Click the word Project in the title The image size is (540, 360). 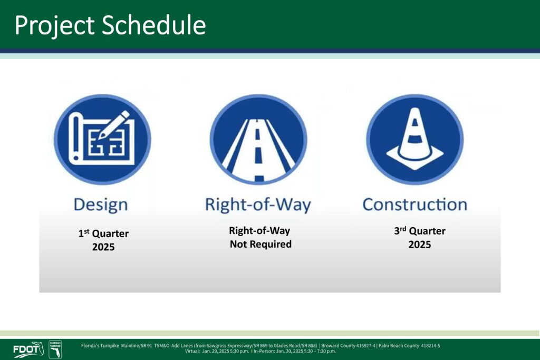pyautogui.click(x=54, y=26)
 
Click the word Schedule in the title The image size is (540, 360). pyautogui.click(x=153, y=25)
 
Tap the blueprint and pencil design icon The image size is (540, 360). pyautogui.click(x=102, y=139)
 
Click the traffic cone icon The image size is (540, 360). pyautogui.click(x=414, y=139)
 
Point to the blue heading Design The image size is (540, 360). pyautogui.click(x=101, y=205)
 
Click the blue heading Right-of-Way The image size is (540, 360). pyautogui.click(x=258, y=205)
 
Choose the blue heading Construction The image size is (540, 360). pyautogui.click(x=414, y=205)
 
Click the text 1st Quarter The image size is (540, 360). pyautogui.click(x=103, y=233)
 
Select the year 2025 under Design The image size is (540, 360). pyautogui.click(x=103, y=247)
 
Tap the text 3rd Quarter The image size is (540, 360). pyautogui.click(x=419, y=230)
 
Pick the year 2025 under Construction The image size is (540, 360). pyautogui.click(x=419, y=245)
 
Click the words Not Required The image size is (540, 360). pyautogui.click(x=261, y=244)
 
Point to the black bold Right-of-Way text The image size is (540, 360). pyautogui.click(x=259, y=230)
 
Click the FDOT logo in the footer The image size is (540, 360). pyautogui.click(x=28, y=349)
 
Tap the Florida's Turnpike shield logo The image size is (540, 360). pyautogui.click(x=55, y=349)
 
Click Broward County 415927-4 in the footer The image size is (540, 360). pyautogui.click(x=348, y=346)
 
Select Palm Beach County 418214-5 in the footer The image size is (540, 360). pyautogui.click(x=409, y=346)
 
